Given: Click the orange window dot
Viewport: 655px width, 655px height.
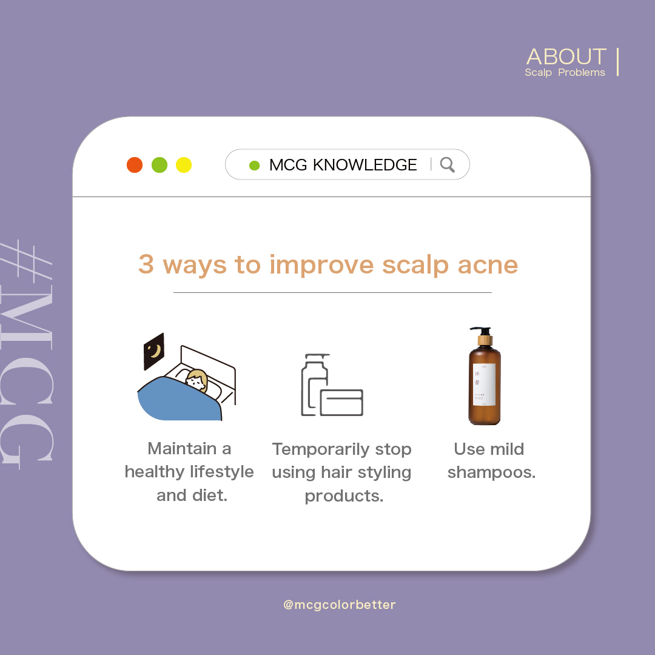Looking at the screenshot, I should point(135,165).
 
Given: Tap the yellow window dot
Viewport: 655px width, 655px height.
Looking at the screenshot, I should point(184,165).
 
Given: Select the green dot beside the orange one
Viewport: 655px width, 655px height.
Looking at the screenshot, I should point(160,165).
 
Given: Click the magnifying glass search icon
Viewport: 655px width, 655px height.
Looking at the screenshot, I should point(447,165).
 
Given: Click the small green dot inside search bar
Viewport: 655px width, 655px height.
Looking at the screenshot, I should point(255,165).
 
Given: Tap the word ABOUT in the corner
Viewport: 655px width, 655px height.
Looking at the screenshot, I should point(566,57).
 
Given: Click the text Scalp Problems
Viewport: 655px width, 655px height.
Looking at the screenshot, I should point(565,73).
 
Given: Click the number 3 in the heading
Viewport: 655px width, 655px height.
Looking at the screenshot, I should point(146,265).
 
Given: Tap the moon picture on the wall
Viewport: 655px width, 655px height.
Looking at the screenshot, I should point(154,351).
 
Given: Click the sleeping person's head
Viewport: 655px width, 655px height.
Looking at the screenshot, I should point(196,381).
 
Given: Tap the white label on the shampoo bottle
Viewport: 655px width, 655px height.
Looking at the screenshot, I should point(484,385).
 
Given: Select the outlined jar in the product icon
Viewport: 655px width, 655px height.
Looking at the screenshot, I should point(341,402).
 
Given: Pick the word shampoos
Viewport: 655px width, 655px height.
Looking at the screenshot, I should point(491,472).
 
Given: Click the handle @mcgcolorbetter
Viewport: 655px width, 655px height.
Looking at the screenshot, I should point(339,605).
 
